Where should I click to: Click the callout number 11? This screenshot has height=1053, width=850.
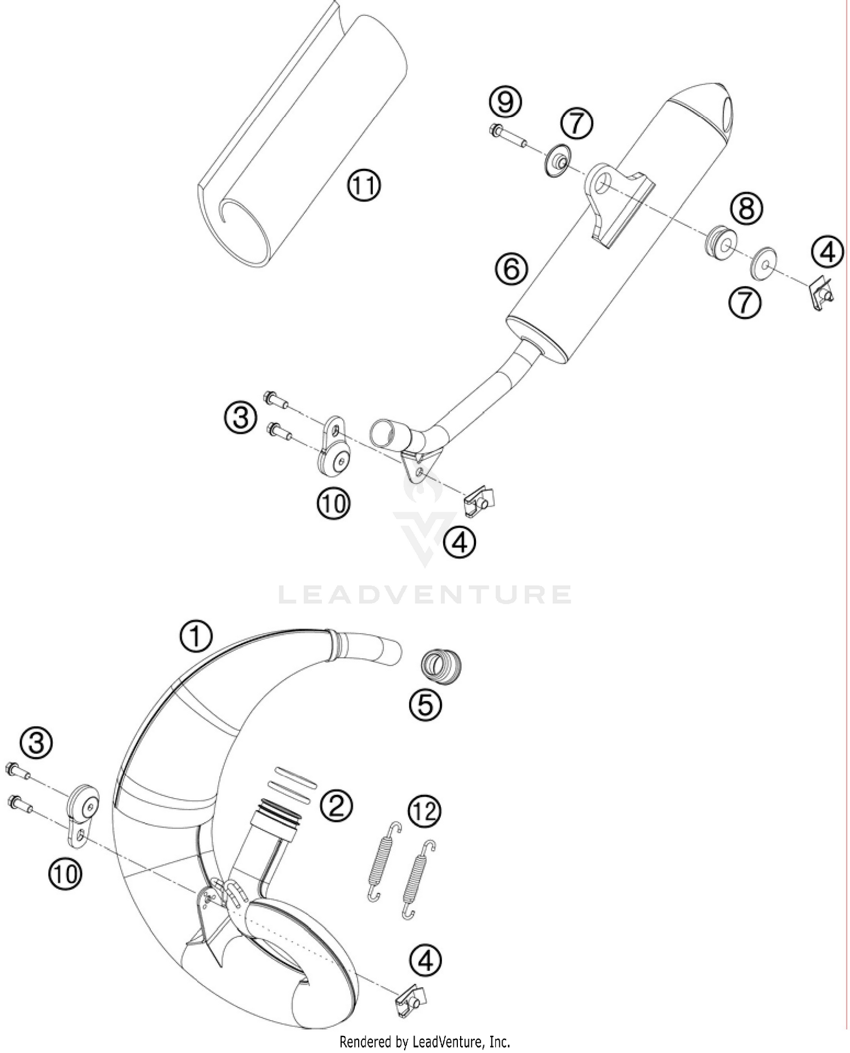click(364, 185)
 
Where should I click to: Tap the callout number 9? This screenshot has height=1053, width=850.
click(505, 102)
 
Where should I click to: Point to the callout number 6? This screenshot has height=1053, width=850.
click(511, 268)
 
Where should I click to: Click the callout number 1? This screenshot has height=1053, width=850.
click(196, 636)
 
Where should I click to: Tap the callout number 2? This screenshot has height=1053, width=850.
click(336, 805)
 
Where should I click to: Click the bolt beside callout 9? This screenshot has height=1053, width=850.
click(507, 136)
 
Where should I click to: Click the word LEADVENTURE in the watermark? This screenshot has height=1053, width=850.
click(425, 595)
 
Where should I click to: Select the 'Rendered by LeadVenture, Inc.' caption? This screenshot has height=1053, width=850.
click(424, 1041)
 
